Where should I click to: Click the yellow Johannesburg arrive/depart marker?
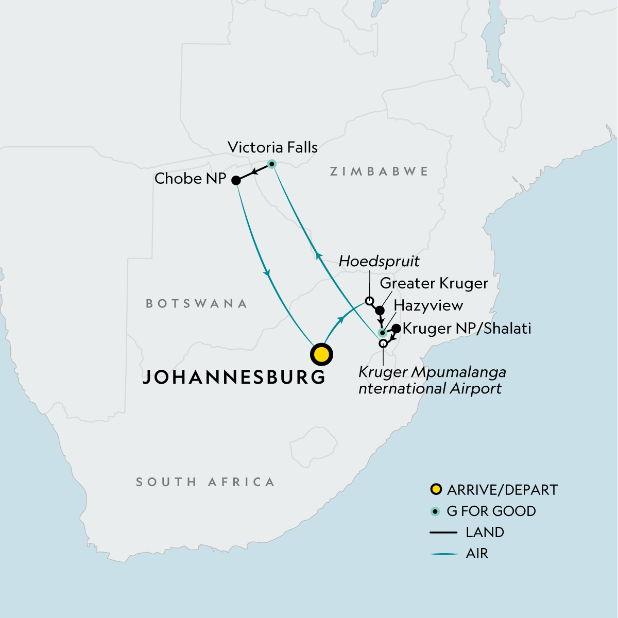[x=321, y=354]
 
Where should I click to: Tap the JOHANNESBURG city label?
[x=234, y=377]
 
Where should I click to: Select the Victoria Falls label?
[x=272, y=147]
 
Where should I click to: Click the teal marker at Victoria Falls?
[x=272, y=164]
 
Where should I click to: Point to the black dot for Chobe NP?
[x=235, y=181]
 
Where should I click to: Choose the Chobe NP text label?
[x=190, y=179]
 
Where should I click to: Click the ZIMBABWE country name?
[x=379, y=171]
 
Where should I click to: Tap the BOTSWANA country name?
[x=197, y=304]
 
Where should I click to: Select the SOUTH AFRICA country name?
[x=205, y=482]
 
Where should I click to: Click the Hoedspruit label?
[x=379, y=261]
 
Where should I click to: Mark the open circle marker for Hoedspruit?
[x=369, y=301]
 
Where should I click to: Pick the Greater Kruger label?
[x=434, y=283]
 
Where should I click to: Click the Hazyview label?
[x=428, y=305]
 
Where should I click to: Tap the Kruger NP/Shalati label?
[x=467, y=329]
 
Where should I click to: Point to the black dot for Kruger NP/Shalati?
[x=396, y=328]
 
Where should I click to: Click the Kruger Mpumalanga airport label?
[x=432, y=380]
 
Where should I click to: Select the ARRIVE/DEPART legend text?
[x=502, y=490]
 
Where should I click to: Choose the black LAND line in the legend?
[x=443, y=533]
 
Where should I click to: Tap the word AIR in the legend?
[x=477, y=554]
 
